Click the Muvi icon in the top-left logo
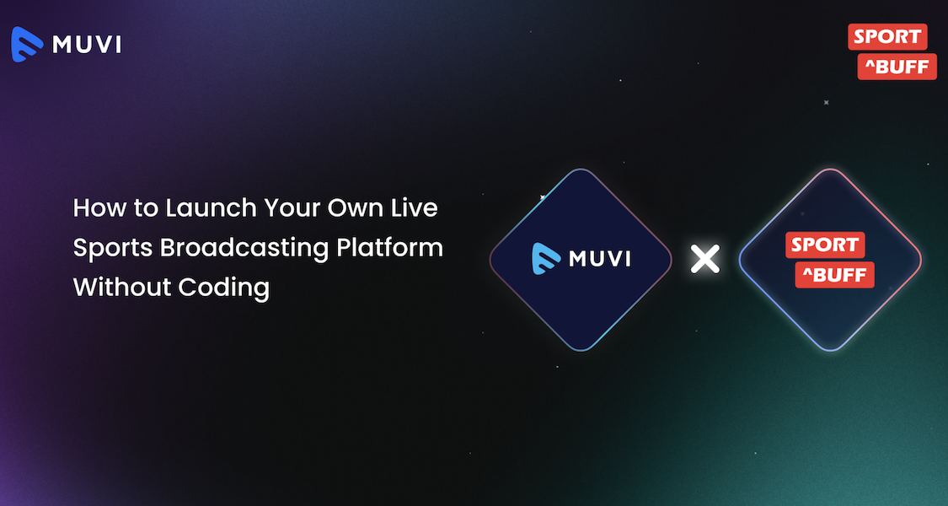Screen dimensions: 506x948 (x=27, y=44)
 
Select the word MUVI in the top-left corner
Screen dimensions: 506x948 (x=87, y=45)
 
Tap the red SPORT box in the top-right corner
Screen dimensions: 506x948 (x=886, y=37)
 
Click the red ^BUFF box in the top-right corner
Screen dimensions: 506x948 (x=897, y=67)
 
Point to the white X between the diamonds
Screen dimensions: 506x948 (x=704, y=259)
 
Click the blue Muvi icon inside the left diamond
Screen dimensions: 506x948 (x=547, y=259)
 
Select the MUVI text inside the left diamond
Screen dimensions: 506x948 (x=600, y=259)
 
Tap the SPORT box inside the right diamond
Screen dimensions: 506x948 (x=824, y=245)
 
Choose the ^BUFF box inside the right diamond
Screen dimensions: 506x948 (x=834, y=275)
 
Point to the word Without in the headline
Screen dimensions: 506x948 (x=121, y=288)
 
